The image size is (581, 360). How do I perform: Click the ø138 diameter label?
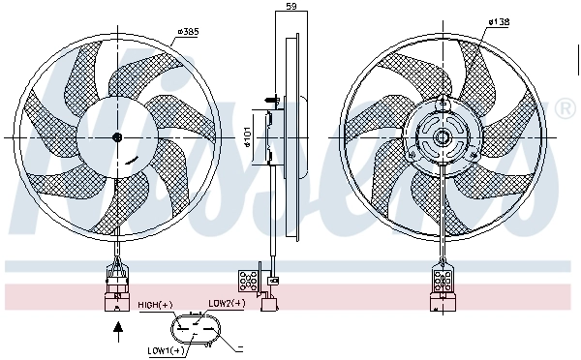(x=500, y=21)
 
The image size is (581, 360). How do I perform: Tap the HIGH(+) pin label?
(x=155, y=305)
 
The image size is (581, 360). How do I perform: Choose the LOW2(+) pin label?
(x=227, y=302)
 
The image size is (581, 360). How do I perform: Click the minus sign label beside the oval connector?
(x=239, y=344)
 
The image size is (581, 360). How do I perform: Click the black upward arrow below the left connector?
(x=118, y=332)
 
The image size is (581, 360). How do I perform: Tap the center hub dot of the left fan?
(x=117, y=137)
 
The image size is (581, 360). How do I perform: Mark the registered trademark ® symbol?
(x=566, y=109)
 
